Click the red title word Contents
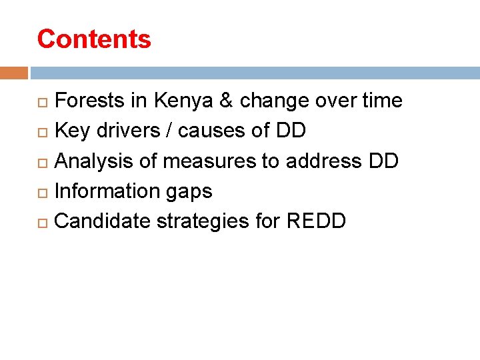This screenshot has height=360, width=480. pyautogui.click(x=94, y=39)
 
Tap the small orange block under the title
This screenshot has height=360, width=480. pyautogui.click(x=14, y=73)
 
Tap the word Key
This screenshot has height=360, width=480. pyautogui.click(x=72, y=131)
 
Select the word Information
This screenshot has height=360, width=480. pyautogui.click(x=101, y=191)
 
